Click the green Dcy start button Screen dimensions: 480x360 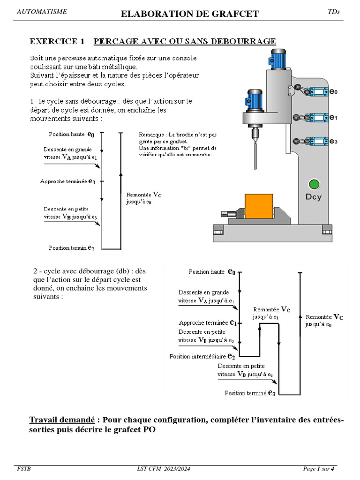[x=314, y=184]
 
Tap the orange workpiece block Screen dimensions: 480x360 [x=259, y=206]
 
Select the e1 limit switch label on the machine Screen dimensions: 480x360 [x=333, y=118]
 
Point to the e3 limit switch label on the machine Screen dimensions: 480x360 [x=333, y=141]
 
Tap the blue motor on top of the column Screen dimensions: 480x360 [x=276, y=56]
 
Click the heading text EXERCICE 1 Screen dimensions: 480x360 [x=57, y=41]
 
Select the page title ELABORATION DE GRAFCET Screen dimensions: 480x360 [x=189, y=14]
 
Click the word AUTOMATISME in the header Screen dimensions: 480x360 [x=42, y=12]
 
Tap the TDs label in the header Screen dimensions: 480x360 [x=333, y=12]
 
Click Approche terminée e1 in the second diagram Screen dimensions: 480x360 [x=207, y=323]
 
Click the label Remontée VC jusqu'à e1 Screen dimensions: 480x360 [x=271, y=313]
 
